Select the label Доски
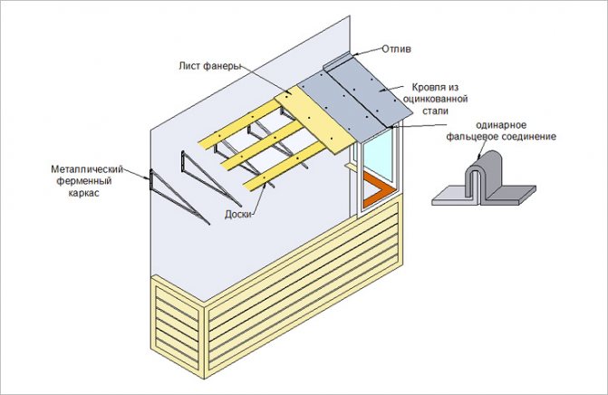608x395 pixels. [237, 215]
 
